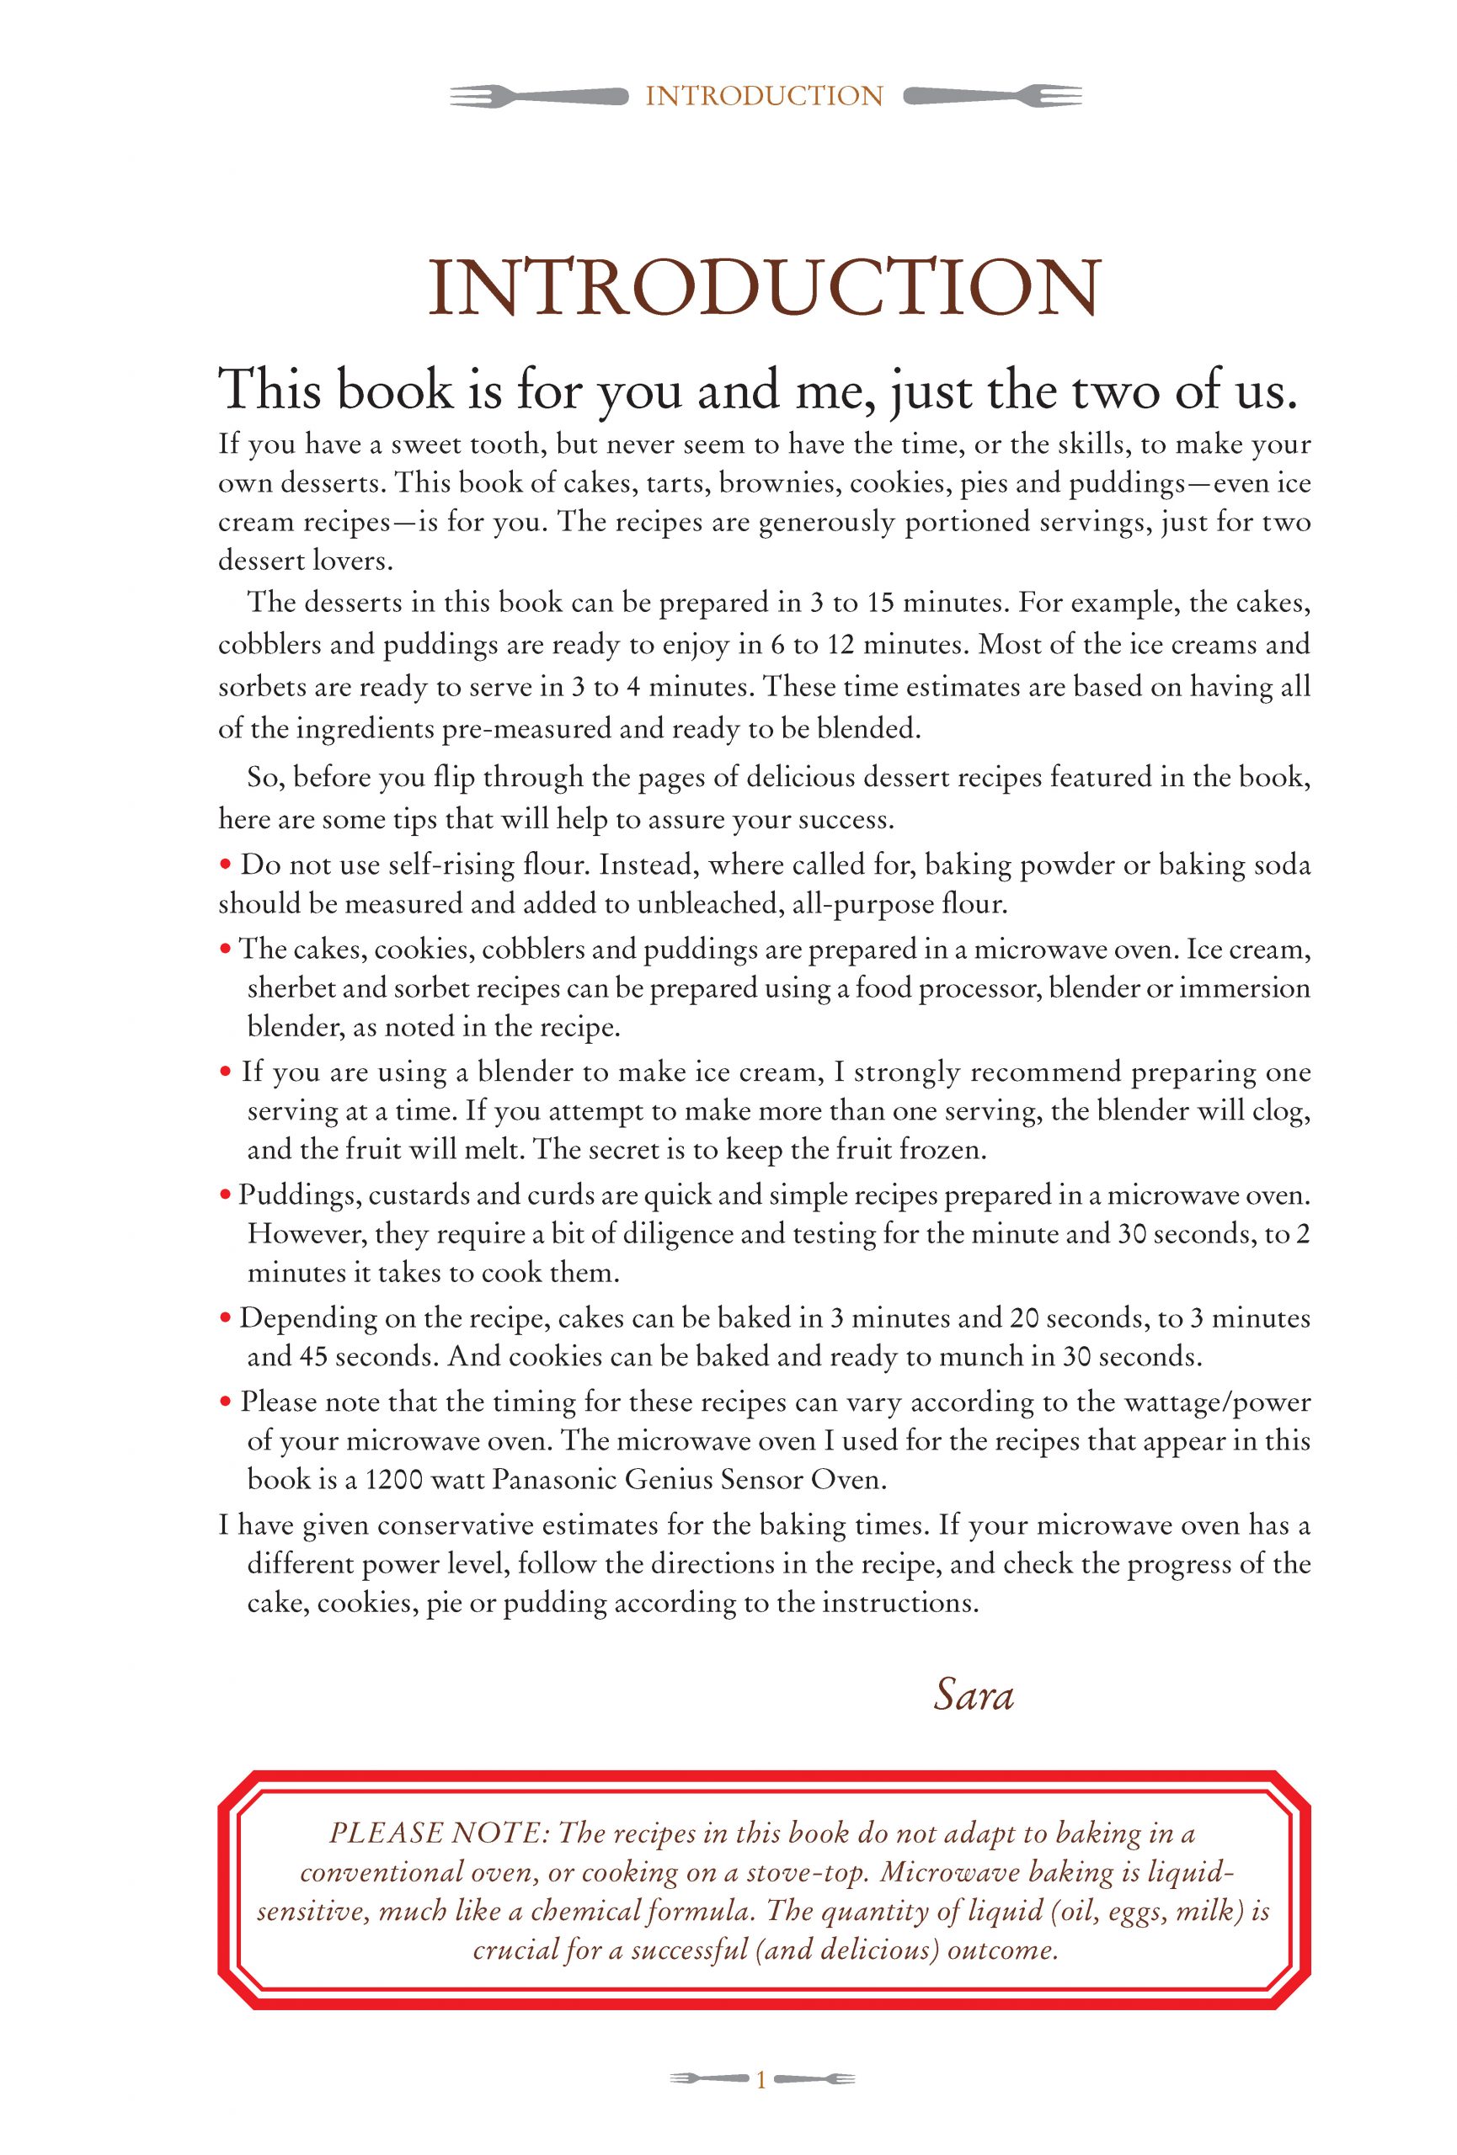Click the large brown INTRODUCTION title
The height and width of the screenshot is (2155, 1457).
tap(763, 289)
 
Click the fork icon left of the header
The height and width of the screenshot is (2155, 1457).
tap(538, 95)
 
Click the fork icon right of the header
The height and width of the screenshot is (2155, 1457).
tap(991, 95)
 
